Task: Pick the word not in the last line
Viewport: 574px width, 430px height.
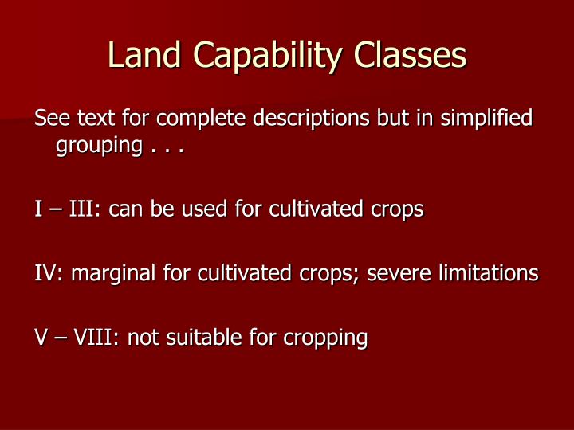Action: [143, 337]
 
